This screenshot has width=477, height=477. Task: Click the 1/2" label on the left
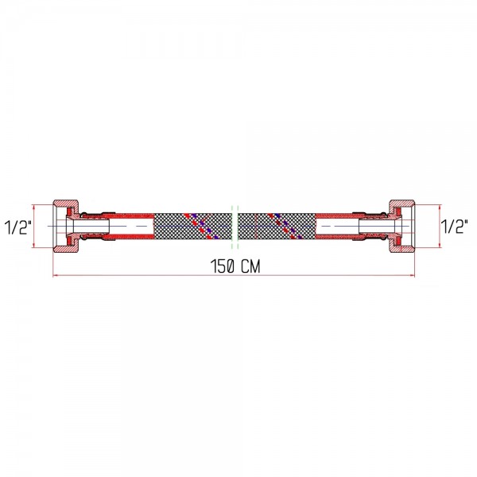click(x=18, y=227)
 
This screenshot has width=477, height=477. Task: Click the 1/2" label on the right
click(x=455, y=227)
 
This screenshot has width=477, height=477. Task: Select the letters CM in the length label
click(x=250, y=266)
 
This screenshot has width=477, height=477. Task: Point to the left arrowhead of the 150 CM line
click(x=56, y=276)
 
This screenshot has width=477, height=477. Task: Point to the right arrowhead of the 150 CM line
click(x=412, y=276)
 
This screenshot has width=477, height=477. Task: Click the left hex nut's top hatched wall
click(x=67, y=204)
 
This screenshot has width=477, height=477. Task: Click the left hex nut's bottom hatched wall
click(x=67, y=248)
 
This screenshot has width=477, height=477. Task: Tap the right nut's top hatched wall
click(x=401, y=204)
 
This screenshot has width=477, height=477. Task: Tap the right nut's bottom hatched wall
click(x=401, y=248)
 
